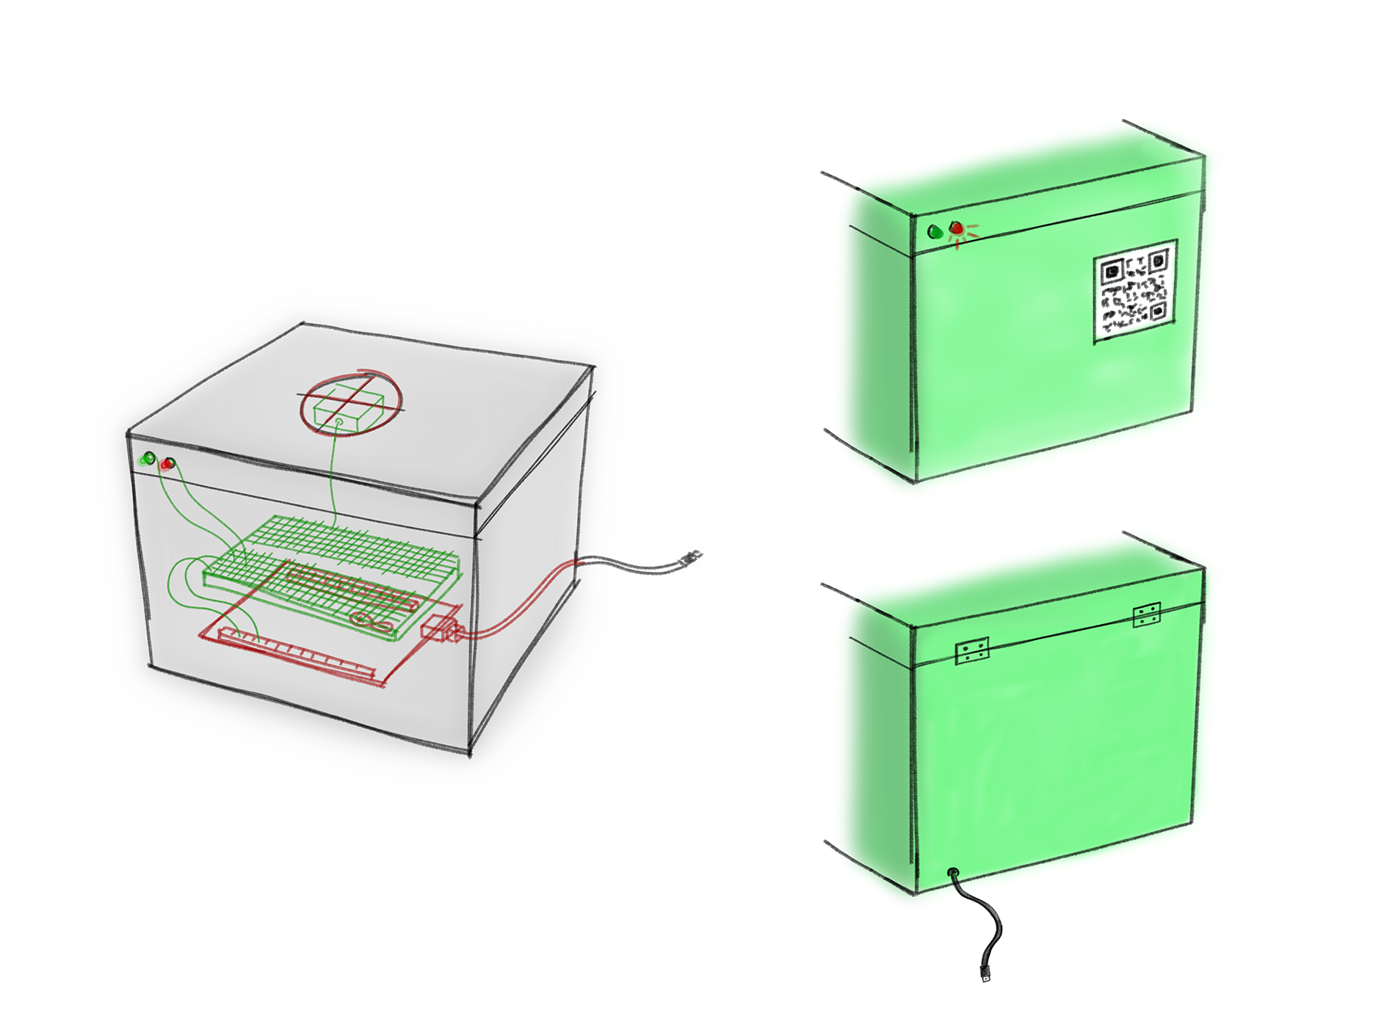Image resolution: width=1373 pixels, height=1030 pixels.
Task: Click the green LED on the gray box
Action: [148, 459]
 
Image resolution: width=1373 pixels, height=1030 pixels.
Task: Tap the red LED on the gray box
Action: [168, 463]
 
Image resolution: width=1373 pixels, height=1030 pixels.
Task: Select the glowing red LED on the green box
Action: [956, 228]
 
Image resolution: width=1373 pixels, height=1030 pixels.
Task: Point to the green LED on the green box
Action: [935, 232]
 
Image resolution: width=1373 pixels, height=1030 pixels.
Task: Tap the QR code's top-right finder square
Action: [1158, 259]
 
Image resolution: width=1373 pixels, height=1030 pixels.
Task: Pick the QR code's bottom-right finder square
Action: [1158, 311]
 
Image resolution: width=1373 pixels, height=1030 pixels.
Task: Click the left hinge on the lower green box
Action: [972, 650]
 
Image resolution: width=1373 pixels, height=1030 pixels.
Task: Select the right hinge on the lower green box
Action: [1146, 614]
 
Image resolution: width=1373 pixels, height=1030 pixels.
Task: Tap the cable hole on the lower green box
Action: [953, 873]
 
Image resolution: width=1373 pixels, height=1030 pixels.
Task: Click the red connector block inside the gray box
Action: [440, 629]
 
